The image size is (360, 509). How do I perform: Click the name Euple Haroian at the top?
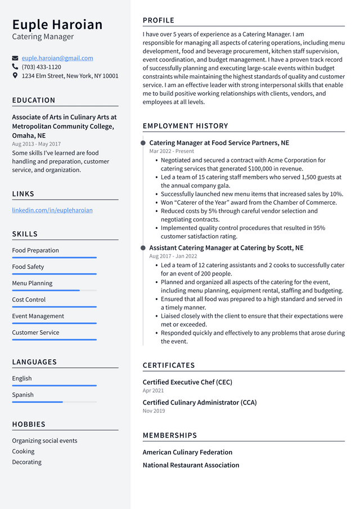pos(57,24)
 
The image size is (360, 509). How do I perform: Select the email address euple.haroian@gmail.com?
pos(57,58)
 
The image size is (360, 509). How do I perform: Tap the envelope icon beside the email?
pos(15,58)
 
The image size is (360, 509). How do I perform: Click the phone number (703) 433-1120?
pos(41,66)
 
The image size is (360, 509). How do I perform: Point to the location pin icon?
pos(15,75)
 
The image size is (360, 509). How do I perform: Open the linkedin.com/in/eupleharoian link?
pos(52,210)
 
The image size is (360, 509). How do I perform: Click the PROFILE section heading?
pos(159,20)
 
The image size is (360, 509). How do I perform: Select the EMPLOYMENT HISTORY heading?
pos(185,126)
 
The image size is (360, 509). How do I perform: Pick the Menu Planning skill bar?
pos(54,290)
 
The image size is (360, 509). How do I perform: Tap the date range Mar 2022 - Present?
pos(172,151)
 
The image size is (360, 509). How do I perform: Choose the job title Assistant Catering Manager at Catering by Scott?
pos(226,247)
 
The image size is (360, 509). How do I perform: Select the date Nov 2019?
pos(154,411)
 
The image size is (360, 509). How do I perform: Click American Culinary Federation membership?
pos(187,452)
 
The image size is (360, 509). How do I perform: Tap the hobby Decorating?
pos(27,462)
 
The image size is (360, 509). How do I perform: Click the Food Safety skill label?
pos(28,267)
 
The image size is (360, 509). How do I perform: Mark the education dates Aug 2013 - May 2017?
pos(37,144)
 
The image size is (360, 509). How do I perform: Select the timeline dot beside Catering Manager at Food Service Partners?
pos(143,143)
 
